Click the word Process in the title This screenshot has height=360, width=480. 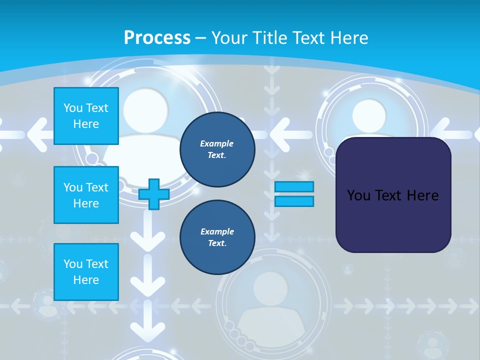pyautogui.click(x=157, y=38)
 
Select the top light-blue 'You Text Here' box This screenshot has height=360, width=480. pyautogui.click(x=86, y=116)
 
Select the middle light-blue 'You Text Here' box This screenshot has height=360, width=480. pyautogui.click(x=86, y=195)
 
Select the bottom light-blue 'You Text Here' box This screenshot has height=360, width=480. pyautogui.click(x=86, y=272)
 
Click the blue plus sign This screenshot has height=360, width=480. pyautogui.click(x=153, y=194)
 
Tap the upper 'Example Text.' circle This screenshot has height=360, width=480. pyautogui.click(x=217, y=149)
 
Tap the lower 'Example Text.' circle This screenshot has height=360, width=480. pyautogui.click(x=217, y=237)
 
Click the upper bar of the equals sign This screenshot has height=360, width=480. pyautogui.click(x=294, y=186)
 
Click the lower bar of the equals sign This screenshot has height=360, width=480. pyautogui.click(x=294, y=201)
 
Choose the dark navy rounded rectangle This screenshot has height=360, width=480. pyautogui.click(x=393, y=195)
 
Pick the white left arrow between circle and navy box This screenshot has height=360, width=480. pyautogui.click(x=290, y=134)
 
